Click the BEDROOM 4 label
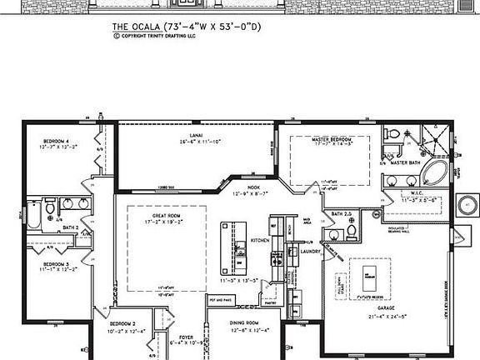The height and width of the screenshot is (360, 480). (56, 142)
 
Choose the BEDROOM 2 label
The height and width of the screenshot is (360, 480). (122, 322)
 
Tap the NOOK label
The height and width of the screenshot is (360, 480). (252, 187)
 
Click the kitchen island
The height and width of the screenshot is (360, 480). (227, 247)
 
